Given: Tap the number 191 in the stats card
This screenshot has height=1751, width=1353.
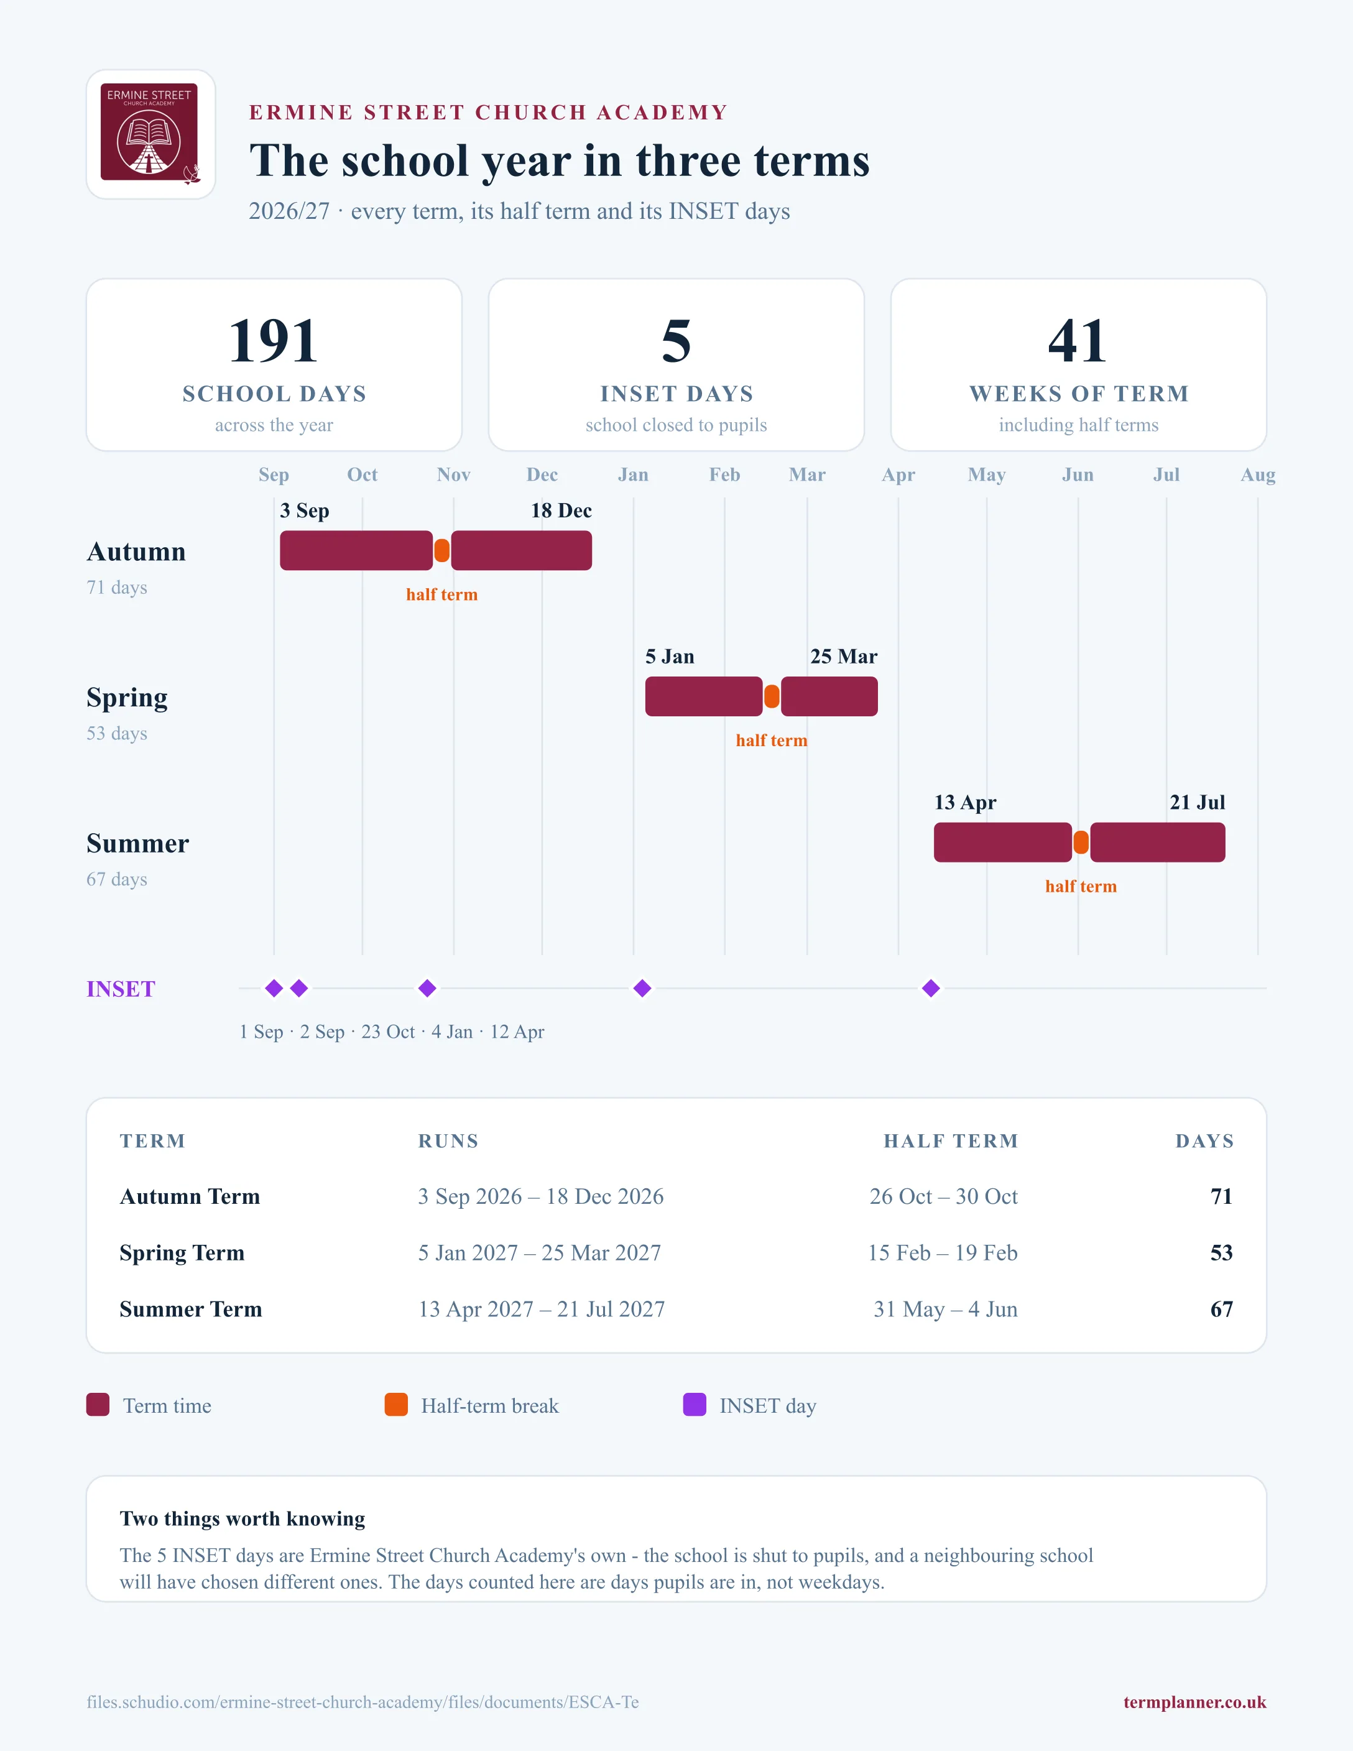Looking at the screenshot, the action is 274,341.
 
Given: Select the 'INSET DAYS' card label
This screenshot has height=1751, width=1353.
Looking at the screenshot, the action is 676,394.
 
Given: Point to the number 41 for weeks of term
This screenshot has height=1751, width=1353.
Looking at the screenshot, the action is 1078,341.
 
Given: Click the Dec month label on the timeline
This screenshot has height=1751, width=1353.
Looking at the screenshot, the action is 542,474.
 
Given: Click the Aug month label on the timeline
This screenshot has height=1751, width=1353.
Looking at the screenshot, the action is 1258,474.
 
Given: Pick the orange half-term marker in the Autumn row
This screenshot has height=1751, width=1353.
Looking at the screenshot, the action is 441,551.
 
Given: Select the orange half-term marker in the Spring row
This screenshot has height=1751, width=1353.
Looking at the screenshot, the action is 772,696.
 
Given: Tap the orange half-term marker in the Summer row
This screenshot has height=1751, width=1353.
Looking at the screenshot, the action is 1081,842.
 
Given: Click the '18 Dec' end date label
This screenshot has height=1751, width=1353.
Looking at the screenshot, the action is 561,511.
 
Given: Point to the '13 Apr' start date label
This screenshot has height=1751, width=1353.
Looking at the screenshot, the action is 965,803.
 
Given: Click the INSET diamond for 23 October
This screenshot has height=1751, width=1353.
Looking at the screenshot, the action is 427,988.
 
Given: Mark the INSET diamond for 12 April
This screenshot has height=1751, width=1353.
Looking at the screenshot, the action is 931,988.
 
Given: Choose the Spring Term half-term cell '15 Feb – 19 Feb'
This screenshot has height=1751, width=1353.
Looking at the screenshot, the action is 943,1252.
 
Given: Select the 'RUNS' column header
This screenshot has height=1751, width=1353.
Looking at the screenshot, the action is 448,1141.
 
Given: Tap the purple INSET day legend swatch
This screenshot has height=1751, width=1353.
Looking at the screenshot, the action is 694,1405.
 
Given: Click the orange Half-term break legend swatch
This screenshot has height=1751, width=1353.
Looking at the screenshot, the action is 396,1405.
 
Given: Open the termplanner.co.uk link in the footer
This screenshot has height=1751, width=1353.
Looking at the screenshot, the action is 1194,1702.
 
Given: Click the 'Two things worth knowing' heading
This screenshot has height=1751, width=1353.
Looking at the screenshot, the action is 242,1518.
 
